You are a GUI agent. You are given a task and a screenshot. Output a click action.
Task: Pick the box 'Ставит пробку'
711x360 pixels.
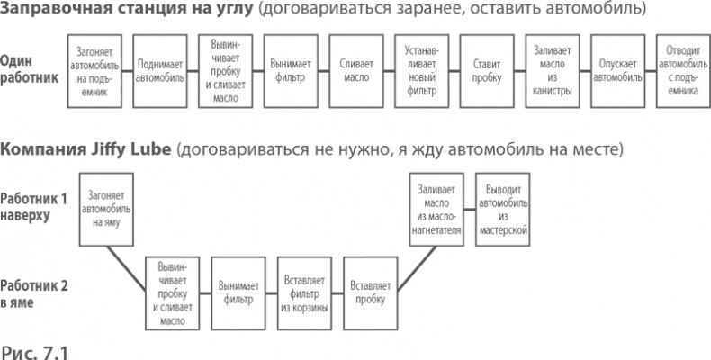(486, 71)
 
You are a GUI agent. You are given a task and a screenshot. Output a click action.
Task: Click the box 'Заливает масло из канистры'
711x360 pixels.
(551, 71)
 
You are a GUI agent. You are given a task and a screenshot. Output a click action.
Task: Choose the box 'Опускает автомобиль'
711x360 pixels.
(616, 71)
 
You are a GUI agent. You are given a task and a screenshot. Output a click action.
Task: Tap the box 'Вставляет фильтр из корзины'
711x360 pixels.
(303, 287)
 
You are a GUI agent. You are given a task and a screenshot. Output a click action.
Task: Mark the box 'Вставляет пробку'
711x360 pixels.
(370, 287)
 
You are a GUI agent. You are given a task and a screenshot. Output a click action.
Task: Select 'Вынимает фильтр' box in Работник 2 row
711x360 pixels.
(238, 287)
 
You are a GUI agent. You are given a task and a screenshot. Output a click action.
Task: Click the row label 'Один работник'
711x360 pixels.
(29, 69)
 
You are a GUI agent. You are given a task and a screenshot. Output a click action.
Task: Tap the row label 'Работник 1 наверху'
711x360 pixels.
(32, 206)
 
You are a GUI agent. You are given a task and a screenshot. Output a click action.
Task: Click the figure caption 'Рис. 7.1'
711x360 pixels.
(34, 347)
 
